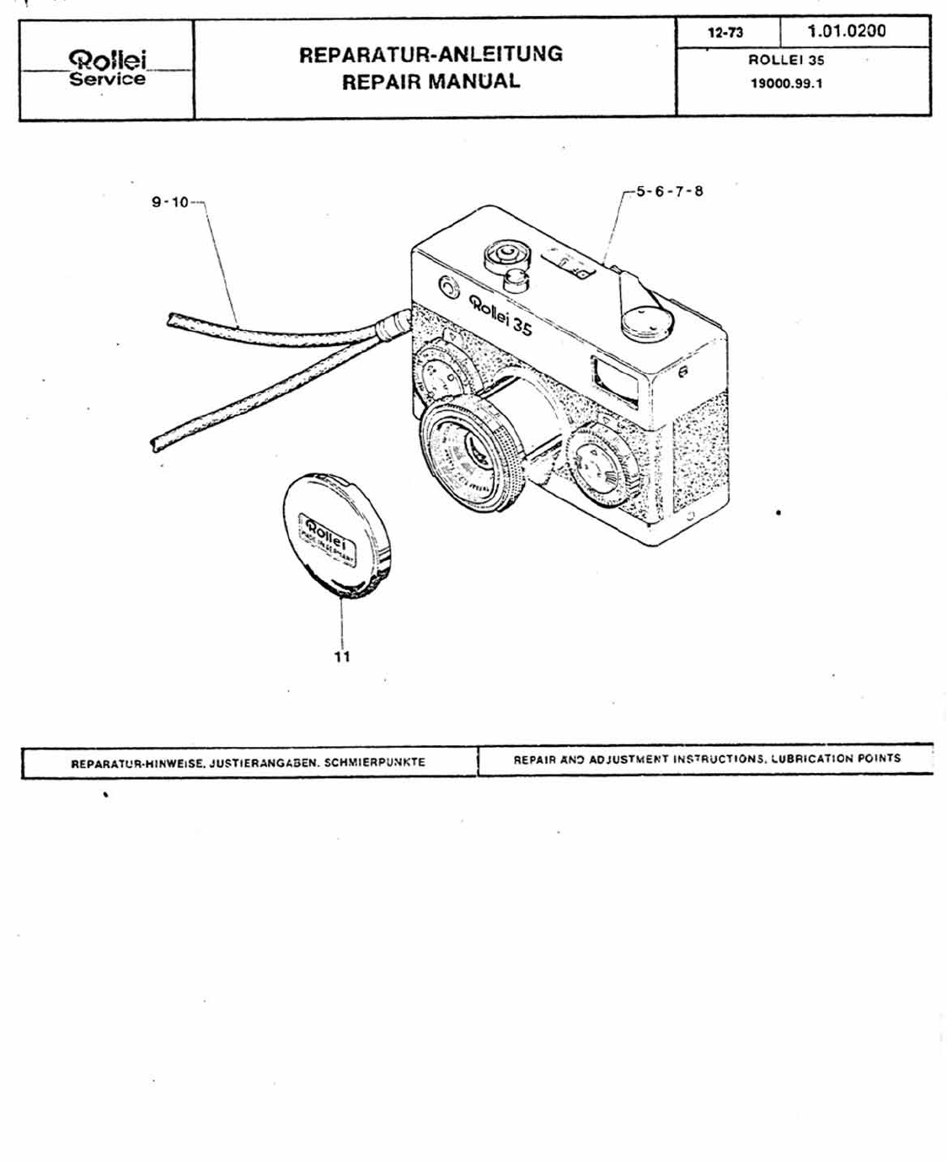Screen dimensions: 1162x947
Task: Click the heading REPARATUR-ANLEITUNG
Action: pyautogui.click(x=431, y=55)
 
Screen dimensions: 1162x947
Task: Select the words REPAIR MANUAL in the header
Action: pyautogui.click(x=431, y=82)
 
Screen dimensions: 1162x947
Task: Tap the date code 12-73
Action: pyautogui.click(x=725, y=33)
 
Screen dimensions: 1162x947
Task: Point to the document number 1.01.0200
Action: pyautogui.click(x=846, y=31)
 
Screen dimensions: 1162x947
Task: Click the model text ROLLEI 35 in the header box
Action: pyautogui.click(x=786, y=61)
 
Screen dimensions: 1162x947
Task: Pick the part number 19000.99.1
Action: pyautogui.click(x=786, y=83)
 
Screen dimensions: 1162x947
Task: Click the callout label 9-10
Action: pyautogui.click(x=171, y=202)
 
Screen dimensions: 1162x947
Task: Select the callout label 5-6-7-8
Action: pyautogui.click(x=669, y=191)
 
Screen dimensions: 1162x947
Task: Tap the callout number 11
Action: pyautogui.click(x=342, y=656)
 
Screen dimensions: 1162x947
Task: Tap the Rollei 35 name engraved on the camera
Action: pyautogui.click(x=501, y=315)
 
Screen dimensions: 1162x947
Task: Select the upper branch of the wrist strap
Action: pyautogui.click(x=270, y=330)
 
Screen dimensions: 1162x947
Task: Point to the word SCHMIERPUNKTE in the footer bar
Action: pyautogui.click(x=375, y=763)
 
